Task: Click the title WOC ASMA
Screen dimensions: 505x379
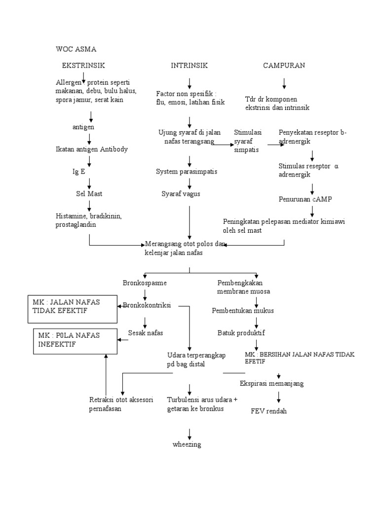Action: (x=76, y=49)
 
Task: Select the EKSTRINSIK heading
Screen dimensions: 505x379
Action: (x=83, y=65)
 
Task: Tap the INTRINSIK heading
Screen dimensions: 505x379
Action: (x=189, y=65)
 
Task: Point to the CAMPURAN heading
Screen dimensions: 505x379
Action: (x=284, y=65)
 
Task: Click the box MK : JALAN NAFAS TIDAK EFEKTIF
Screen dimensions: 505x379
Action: (x=75, y=306)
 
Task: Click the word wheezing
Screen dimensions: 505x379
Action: (x=187, y=444)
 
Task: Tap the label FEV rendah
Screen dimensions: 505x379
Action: (x=268, y=411)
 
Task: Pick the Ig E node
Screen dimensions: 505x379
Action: (x=79, y=172)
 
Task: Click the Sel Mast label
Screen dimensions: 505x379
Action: (x=89, y=194)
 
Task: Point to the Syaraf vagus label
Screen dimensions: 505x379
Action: (x=181, y=194)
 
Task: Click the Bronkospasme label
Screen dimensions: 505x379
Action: (x=145, y=283)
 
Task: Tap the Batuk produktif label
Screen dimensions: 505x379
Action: (x=241, y=332)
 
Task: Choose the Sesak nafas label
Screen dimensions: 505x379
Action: (x=146, y=332)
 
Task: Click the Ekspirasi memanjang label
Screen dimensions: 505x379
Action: (x=271, y=383)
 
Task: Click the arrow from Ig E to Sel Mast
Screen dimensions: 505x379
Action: (x=89, y=183)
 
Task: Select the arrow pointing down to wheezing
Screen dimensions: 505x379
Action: (x=189, y=433)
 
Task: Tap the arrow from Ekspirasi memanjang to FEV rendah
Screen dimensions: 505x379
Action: (x=279, y=396)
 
